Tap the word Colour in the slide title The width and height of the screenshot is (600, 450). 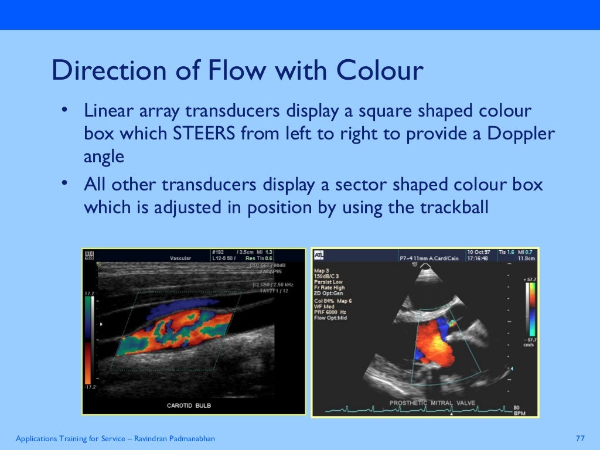coord(379,71)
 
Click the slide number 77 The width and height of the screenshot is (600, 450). coord(581,439)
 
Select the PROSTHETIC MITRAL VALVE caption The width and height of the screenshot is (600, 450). coord(433,403)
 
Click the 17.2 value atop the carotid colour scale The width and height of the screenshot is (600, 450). coord(89,292)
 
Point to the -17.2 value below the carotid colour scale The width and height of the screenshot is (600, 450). coord(90,388)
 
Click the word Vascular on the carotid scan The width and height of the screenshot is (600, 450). coord(181,258)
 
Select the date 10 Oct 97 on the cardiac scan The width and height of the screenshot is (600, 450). coord(479,252)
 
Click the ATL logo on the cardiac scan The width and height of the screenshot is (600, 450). coord(318,255)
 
